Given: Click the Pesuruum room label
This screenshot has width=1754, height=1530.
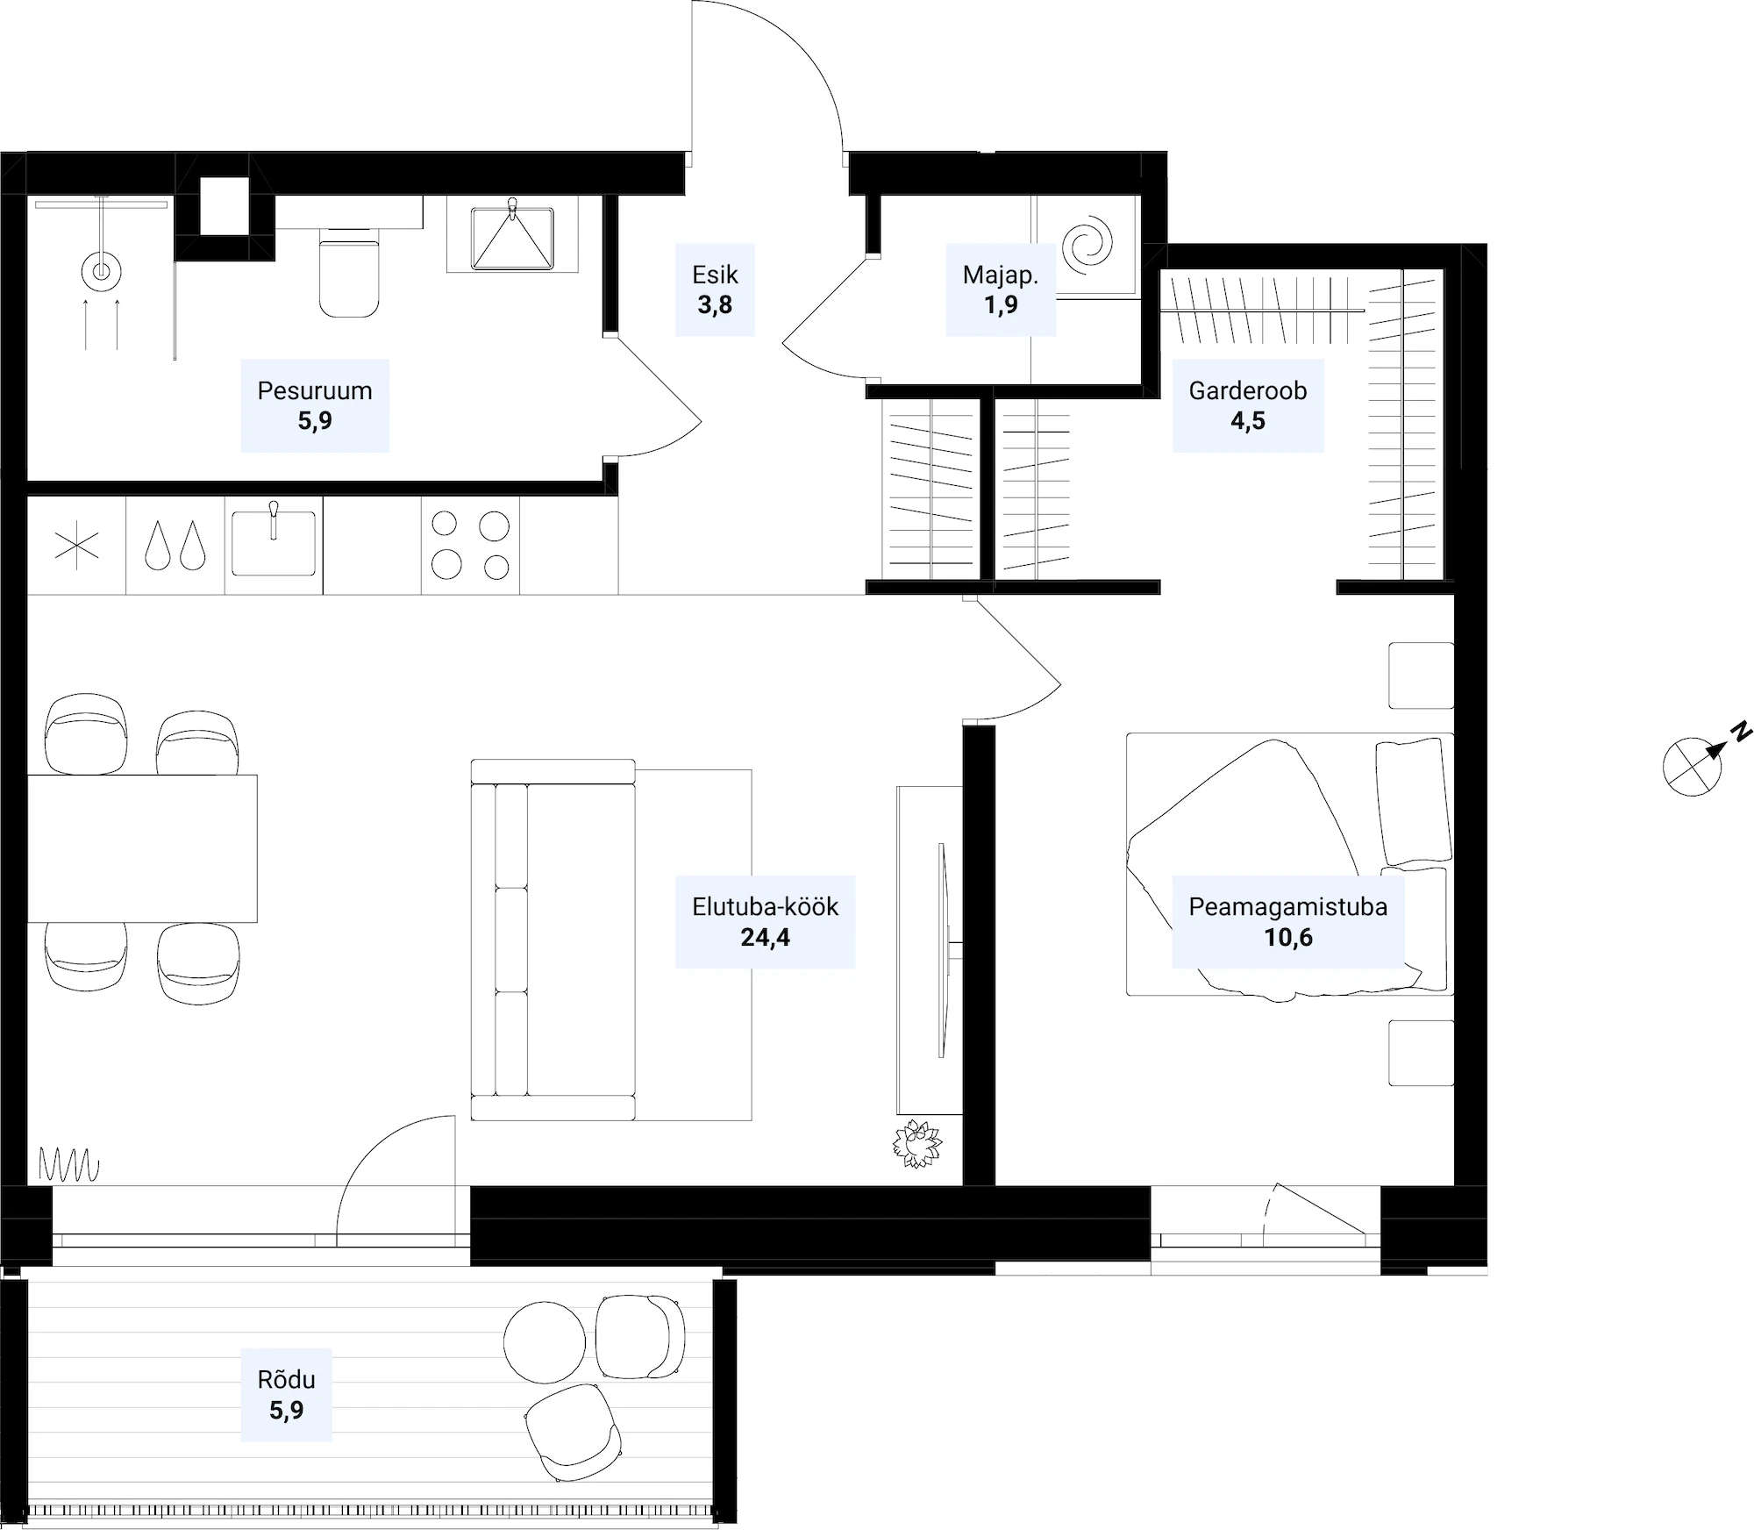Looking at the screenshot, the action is pyautogui.click(x=315, y=405).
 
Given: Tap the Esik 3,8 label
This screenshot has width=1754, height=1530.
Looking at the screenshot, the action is pyautogui.click(x=715, y=290).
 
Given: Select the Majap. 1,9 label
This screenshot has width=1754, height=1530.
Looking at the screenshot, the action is pyautogui.click(x=1001, y=290).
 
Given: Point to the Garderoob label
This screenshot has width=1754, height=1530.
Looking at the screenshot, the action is pyautogui.click(x=1248, y=405).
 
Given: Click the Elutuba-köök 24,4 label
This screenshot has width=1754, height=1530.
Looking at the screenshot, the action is pyautogui.click(x=766, y=922).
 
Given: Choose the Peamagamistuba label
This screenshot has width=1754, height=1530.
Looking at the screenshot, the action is pyautogui.click(x=1288, y=922).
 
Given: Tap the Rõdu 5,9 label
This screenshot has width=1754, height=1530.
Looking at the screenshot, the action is pyautogui.click(x=287, y=1395).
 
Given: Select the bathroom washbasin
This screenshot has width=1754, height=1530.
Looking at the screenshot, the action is pyautogui.click(x=512, y=237).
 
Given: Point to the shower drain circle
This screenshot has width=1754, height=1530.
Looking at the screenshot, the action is pyautogui.click(x=101, y=271).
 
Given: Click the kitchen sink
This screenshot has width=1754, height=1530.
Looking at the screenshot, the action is pyautogui.click(x=274, y=544).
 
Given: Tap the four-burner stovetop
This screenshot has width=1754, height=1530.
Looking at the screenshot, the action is pyautogui.click(x=471, y=546).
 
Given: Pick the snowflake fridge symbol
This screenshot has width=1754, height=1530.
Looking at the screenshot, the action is pyautogui.click(x=77, y=546).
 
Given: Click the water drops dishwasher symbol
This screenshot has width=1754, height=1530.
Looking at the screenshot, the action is pyautogui.click(x=175, y=546).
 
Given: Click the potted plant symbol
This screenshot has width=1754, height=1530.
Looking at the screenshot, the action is pyautogui.click(x=917, y=1143).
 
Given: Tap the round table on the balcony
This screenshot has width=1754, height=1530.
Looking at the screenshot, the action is pyautogui.click(x=545, y=1342).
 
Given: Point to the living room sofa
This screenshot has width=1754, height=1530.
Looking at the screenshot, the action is pyautogui.click(x=553, y=940).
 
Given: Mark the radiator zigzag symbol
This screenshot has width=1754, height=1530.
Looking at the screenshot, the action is pyautogui.click(x=69, y=1165).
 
